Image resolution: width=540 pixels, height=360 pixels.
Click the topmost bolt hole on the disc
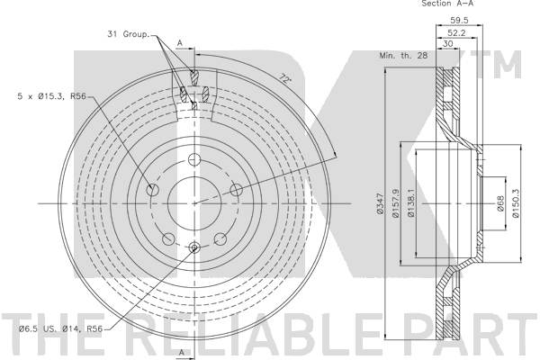(195, 160)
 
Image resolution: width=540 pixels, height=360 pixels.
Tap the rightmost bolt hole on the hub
(236, 189)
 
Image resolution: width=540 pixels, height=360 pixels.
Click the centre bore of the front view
(195, 202)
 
